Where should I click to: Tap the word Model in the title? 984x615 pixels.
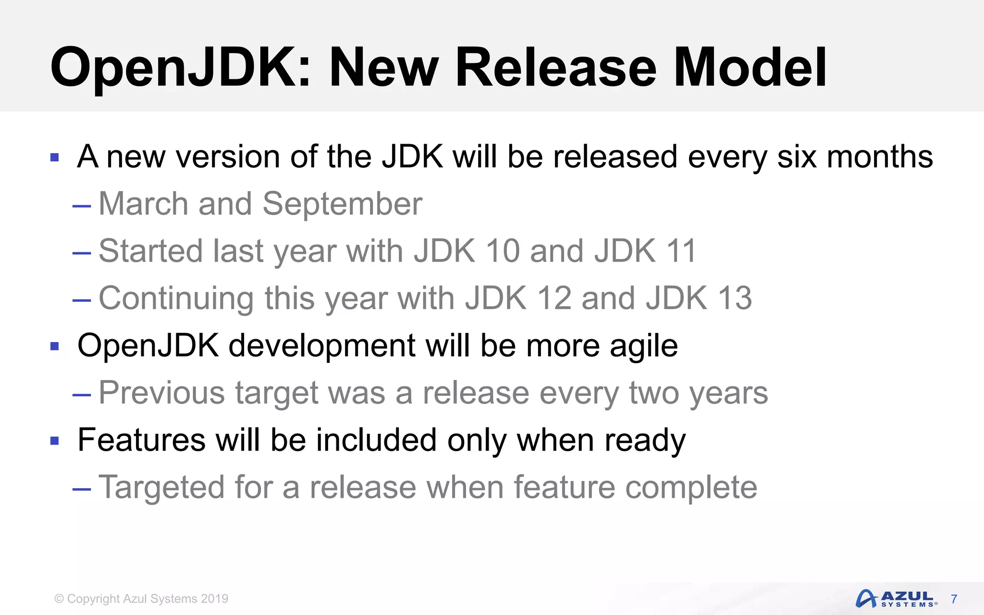point(750,68)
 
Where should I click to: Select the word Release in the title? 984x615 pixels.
point(555,68)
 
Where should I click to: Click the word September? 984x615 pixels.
point(342,204)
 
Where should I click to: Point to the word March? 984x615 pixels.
point(143,204)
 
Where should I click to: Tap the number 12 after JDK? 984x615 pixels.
point(554,298)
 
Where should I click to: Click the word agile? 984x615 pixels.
point(644,346)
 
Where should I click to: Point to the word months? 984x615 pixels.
point(879,157)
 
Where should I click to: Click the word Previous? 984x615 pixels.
point(161,393)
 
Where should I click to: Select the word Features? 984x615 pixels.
point(142,440)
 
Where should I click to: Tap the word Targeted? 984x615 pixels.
point(161,488)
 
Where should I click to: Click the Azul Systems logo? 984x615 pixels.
point(896,599)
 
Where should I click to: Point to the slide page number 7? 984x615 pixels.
point(954,599)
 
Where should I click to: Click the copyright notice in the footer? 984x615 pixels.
point(141,599)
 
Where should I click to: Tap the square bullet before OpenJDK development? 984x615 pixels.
point(54,346)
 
